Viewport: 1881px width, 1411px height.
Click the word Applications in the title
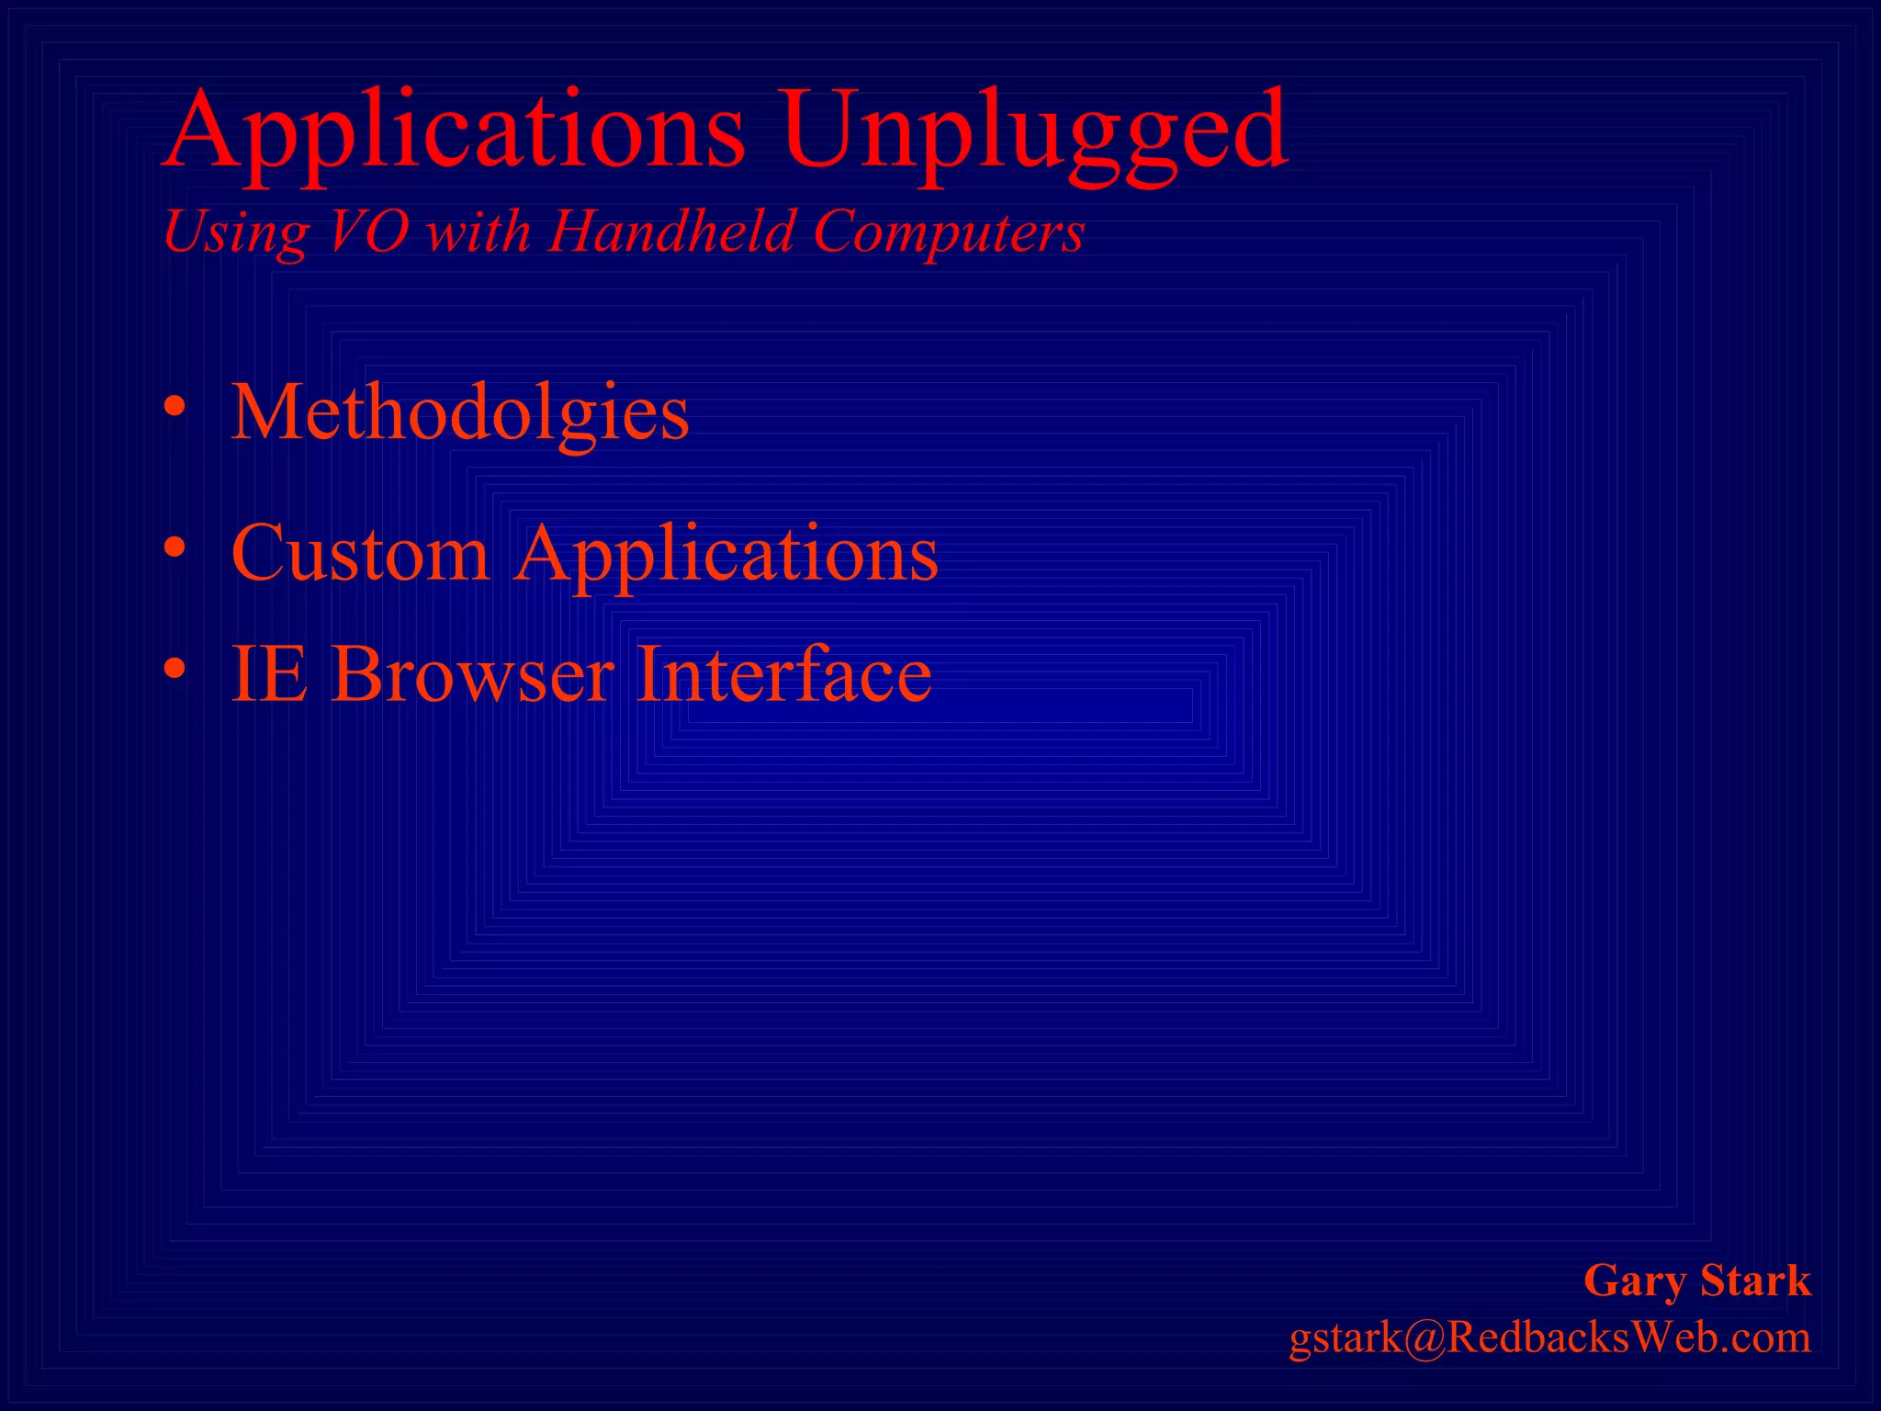click(455, 130)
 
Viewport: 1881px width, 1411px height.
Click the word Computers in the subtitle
click(949, 231)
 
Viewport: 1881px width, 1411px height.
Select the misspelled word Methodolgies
click(459, 413)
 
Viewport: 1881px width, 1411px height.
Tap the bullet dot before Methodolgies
click(175, 406)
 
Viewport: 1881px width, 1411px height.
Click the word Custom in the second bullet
click(360, 553)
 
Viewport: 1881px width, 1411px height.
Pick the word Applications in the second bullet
click(726, 555)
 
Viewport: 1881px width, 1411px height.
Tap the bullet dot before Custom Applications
click(175, 547)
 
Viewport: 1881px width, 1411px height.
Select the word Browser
click(472, 673)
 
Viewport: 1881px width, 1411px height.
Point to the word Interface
click(784, 673)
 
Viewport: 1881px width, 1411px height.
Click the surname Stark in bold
click(1755, 1281)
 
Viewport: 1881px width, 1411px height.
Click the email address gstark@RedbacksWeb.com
click(1549, 1338)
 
